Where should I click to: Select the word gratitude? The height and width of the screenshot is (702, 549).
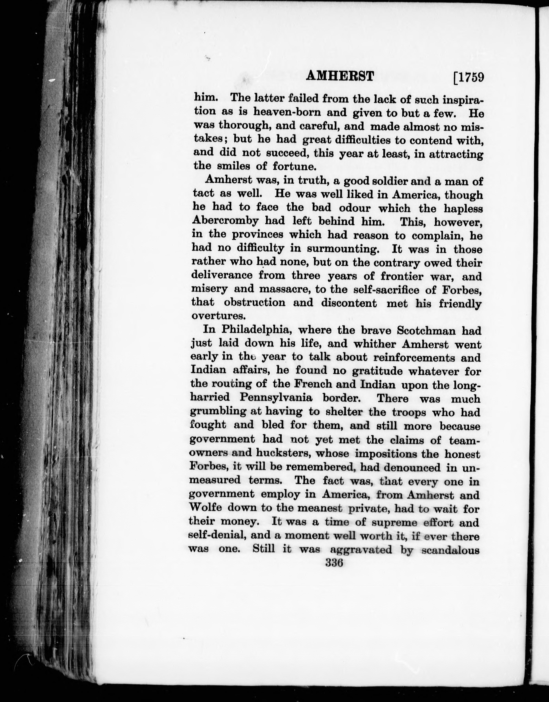pos(377,371)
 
